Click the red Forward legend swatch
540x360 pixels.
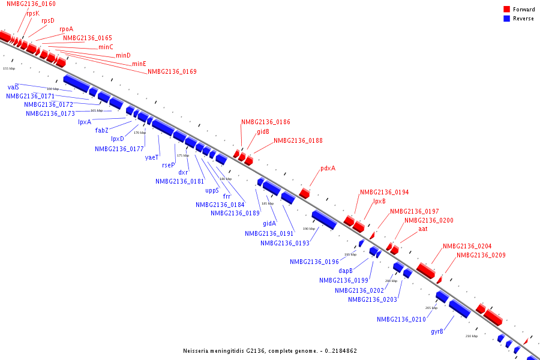coord(507,10)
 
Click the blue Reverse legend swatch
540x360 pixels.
coord(507,19)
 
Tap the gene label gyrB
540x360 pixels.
coord(437,331)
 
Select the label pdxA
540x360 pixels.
coord(328,168)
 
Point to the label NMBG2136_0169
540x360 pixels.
coord(172,72)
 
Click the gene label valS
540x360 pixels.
coord(13,87)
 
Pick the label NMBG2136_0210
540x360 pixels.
coord(401,319)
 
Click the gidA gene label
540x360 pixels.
coord(269,223)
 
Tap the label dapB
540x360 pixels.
coord(346,271)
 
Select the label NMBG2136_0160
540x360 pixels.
coord(31,4)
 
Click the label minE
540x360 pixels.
coord(139,64)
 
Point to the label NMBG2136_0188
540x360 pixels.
coord(298,141)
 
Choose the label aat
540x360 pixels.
coord(423,229)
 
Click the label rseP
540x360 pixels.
coord(169,165)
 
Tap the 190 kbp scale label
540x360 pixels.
coord(308,229)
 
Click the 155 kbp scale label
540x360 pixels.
coord(9,68)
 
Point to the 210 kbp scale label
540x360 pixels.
coord(472,336)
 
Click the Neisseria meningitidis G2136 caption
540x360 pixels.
coord(270,350)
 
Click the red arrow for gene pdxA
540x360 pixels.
coord(305,193)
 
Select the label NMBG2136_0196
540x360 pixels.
coord(314,262)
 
